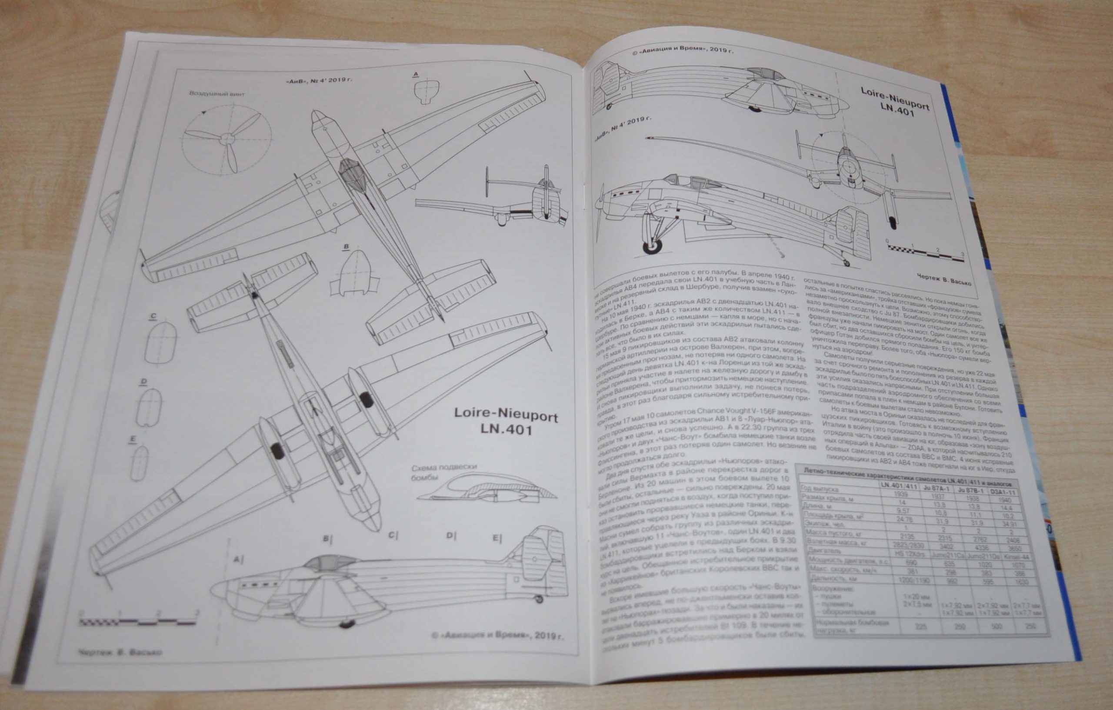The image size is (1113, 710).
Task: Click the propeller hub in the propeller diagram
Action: click(227, 138)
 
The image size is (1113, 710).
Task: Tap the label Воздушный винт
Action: click(217, 94)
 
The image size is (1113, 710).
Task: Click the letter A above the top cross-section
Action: click(415, 74)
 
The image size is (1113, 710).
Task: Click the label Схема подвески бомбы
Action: click(444, 472)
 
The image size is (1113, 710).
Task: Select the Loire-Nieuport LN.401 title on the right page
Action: click(894, 102)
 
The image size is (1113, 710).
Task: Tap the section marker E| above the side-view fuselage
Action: click(497, 539)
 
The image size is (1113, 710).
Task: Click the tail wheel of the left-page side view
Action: click(539, 599)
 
